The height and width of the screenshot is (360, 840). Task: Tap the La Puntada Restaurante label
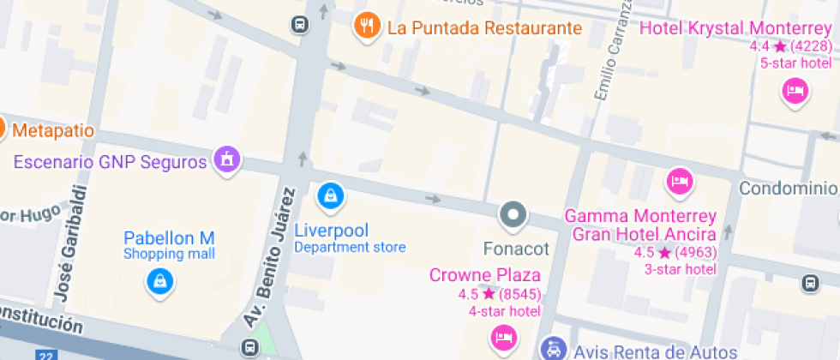(x=484, y=27)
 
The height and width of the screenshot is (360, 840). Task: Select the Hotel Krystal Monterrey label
(x=736, y=28)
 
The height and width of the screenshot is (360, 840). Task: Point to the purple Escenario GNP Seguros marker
(x=227, y=159)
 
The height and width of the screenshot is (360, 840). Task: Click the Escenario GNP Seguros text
(x=111, y=161)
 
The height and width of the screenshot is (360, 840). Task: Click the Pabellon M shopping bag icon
(x=159, y=280)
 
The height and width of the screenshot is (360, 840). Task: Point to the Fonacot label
(x=516, y=249)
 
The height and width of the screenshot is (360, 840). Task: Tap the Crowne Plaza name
(x=485, y=275)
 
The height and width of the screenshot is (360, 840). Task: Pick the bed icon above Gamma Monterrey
(x=681, y=181)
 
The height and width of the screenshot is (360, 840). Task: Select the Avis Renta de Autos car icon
(x=554, y=349)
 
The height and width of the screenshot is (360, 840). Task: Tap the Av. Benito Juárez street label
(x=269, y=259)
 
